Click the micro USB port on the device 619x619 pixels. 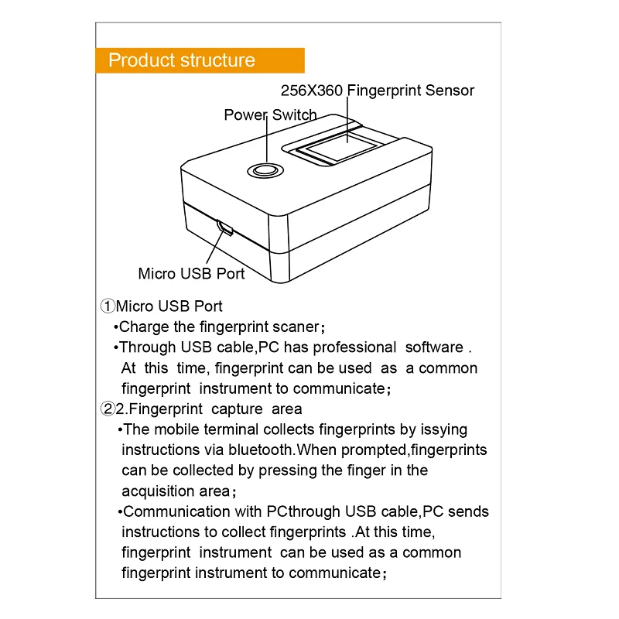pyautogui.click(x=225, y=227)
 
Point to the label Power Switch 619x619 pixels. pyautogui.click(x=270, y=115)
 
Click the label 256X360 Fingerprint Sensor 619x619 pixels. pyautogui.click(x=377, y=91)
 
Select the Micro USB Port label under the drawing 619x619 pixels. pyautogui.click(x=191, y=273)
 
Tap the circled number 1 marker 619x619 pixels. pyautogui.click(x=108, y=307)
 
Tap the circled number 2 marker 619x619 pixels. pyautogui.click(x=108, y=409)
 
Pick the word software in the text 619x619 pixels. pyautogui.click(x=434, y=347)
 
